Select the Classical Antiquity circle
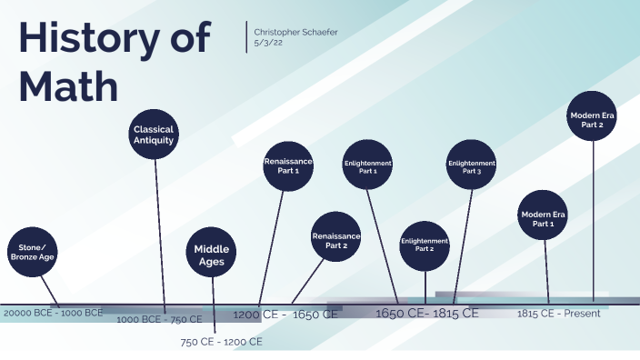click(154, 135)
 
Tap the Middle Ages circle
click(212, 255)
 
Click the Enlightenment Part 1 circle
click(368, 166)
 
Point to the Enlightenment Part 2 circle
click(425, 245)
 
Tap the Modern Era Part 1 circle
click(543, 218)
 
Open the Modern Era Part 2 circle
click(593, 119)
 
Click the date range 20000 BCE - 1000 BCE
click(54, 313)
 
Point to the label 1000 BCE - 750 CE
click(159, 319)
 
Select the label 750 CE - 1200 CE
click(221, 342)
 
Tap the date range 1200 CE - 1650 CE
click(285, 315)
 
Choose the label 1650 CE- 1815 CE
click(426, 314)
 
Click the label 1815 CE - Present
click(559, 314)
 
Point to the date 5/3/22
click(270, 42)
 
